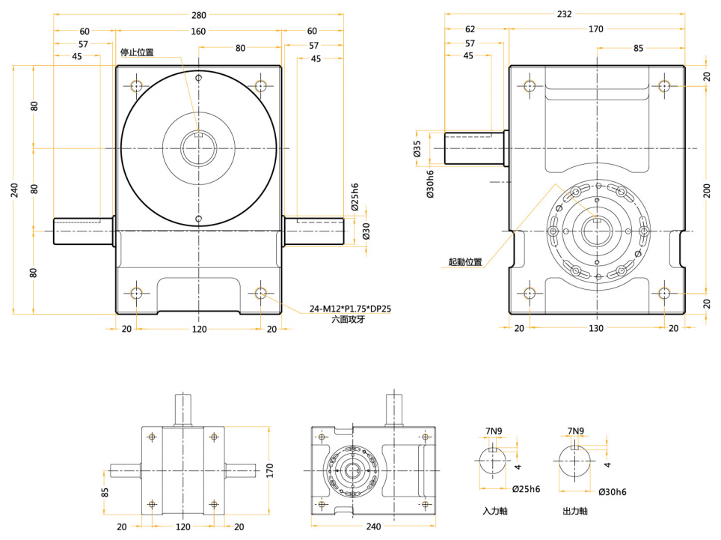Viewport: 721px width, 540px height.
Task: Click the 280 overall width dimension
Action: tap(198, 15)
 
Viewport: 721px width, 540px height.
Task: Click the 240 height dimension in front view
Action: tap(15, 190)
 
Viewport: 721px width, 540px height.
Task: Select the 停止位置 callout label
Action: tap(137, 52)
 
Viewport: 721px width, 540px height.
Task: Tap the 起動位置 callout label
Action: tap(464, 262)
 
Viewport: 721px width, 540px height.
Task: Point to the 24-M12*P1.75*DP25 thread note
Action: tap(350, 309)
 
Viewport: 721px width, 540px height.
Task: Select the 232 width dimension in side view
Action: tap(564, 14)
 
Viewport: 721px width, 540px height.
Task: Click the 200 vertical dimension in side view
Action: tap(707, 190)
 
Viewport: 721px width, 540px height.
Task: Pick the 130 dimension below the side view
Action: tap(596, 328)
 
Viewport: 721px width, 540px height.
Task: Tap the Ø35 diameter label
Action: tap(417, 148)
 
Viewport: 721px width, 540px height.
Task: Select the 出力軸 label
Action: tap(575, 512)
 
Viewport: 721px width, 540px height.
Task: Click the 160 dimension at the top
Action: tap(198, 31)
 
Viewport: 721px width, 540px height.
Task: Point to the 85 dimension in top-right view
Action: tap(639, 49)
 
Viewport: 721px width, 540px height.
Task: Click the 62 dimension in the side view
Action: tap(470, 30)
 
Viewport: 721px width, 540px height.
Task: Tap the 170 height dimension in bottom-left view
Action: tap(270, 470)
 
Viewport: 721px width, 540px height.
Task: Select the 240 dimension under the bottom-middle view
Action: tap(372, 527)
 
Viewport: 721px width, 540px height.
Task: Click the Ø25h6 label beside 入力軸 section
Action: tap(527, 489)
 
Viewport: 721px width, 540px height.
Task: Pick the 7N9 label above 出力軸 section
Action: tap(575, 431)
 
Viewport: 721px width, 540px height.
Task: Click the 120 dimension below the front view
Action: tap(198, 328)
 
